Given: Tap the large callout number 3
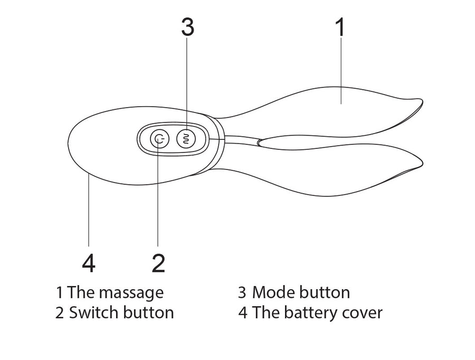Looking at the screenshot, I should point(187,27).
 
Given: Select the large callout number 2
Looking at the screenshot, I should point(158,263).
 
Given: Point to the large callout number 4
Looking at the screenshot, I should point(89,263).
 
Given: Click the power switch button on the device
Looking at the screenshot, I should point(159,139).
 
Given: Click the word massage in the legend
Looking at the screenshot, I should point(131,292).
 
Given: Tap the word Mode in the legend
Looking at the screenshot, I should point(273,292).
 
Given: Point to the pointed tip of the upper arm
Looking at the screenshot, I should point(422,100).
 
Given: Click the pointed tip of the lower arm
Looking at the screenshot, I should point(423,164).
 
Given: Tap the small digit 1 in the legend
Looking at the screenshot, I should point(60,292).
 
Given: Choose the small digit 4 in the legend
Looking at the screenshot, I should point(243,312).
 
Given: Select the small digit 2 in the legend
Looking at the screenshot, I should point(60,312).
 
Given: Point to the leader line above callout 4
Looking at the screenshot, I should point(89,211).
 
